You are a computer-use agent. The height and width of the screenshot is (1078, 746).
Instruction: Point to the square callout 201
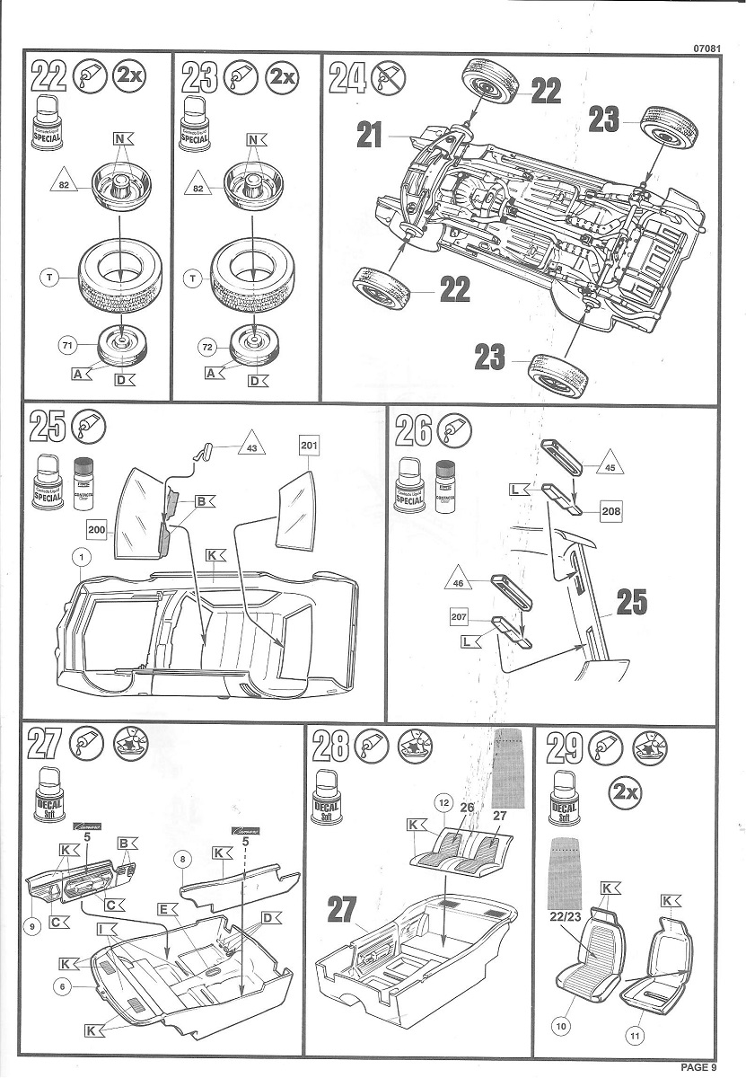coord(310,446)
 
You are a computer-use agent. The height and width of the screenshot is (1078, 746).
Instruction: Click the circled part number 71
coord(66,343)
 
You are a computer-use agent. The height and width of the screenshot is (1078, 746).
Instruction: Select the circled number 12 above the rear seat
coord(442,800)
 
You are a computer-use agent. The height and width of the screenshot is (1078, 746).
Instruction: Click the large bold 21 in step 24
coord(370,136)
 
